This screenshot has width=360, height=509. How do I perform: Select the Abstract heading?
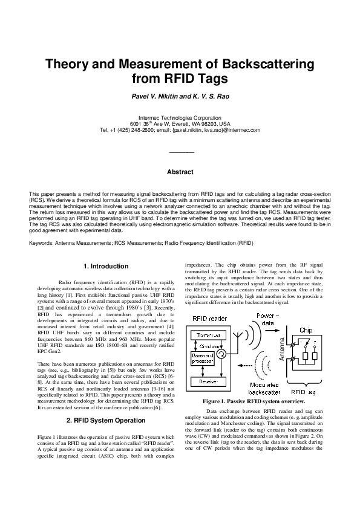[x=180, y=172]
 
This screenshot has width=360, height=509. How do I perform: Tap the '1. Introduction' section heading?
[x=105, y=266]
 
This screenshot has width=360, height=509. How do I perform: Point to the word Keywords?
[x=41, y=243]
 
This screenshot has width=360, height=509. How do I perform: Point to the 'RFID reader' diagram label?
[x=209, y=319]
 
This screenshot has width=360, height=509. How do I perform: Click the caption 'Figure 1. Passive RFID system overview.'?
[x=261, y=401]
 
